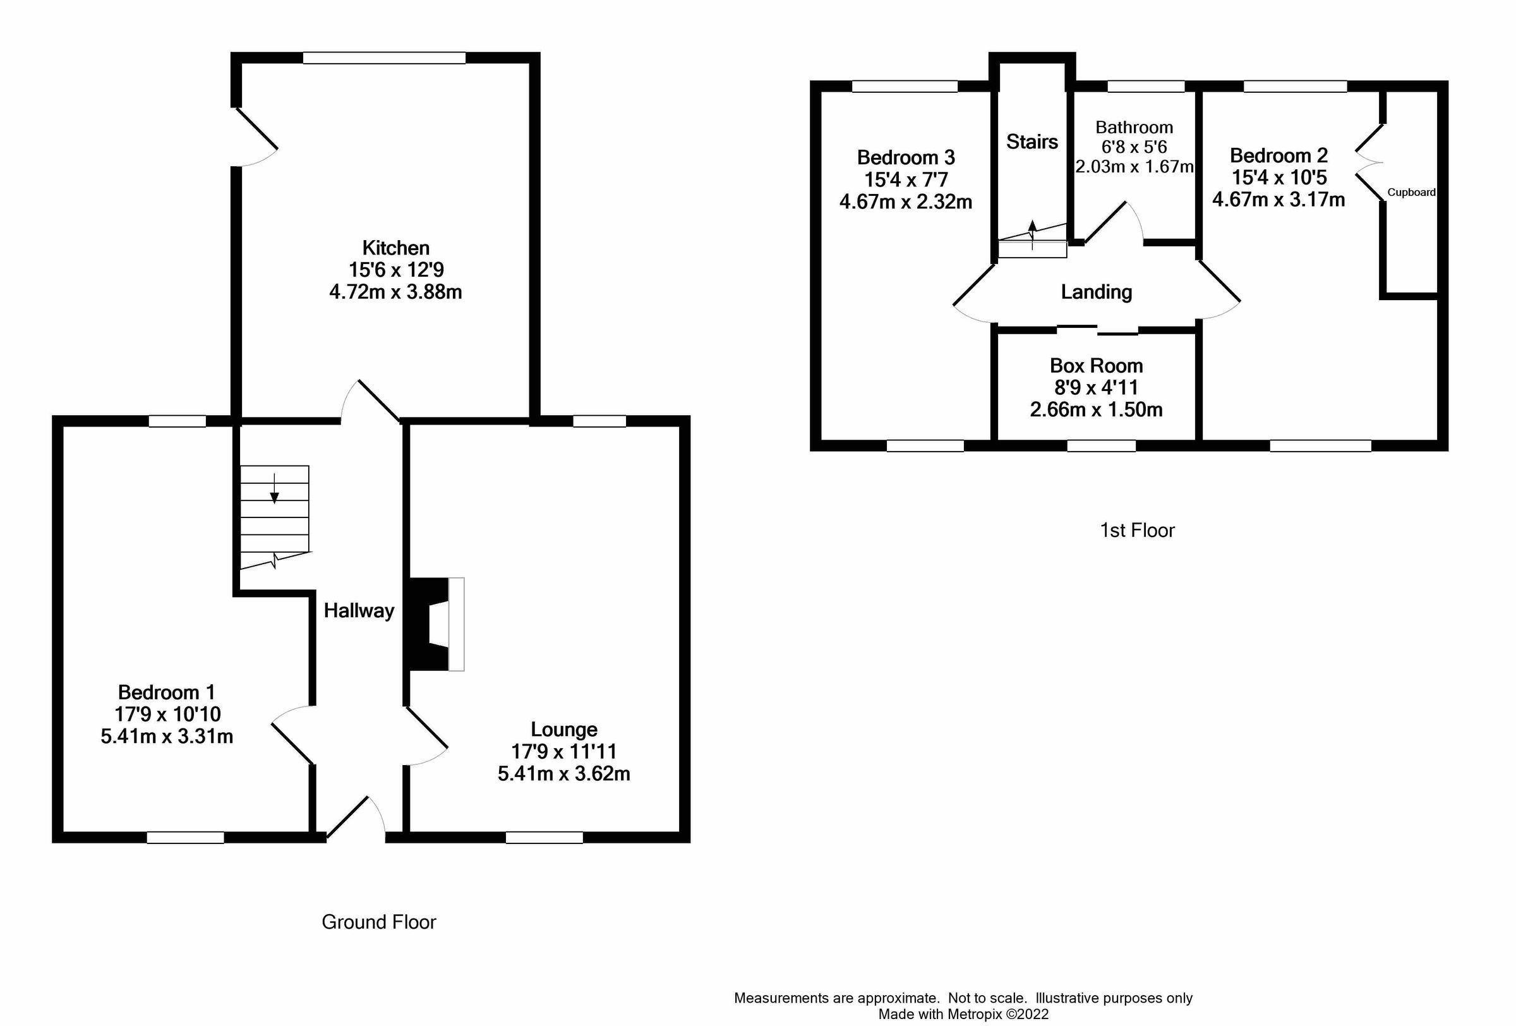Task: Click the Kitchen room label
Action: pos(395,248)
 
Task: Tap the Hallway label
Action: pos(359,610)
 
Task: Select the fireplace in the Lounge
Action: pos(434,624)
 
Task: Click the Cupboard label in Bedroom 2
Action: pos(1411,193)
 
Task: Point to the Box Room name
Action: pos(1096,365)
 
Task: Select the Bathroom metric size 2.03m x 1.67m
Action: pos(1134,167)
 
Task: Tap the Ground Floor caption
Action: pos(378,922)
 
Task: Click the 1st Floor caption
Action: pos(1137,530)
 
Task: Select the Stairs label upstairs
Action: pos(1032,142)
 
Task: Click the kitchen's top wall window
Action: pos(384,58)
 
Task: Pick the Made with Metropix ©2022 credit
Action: pos(963,1014)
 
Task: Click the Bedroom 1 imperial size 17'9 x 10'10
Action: pos(167,715)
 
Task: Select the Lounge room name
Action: pos(563,729)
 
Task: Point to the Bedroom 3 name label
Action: pos(905,157)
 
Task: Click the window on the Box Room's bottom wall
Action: pos(1101,446)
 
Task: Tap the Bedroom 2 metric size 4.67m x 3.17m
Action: pos(1278,199)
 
